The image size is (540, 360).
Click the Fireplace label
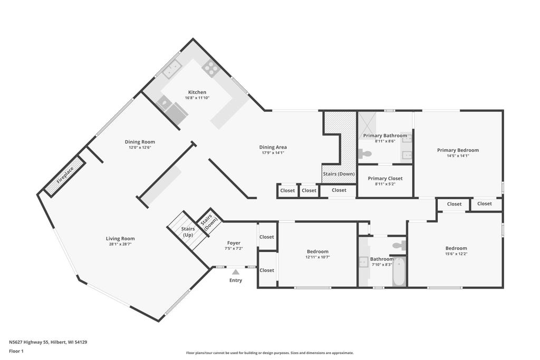[x=65, y=175]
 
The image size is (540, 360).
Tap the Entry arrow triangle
[x=236, y=272]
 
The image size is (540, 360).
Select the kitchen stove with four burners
[x=211, y=68]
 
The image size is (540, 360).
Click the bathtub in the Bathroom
[x=399, y=271]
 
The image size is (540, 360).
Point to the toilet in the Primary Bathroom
[x=365, y=153]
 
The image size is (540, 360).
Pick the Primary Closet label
[x=385, y=178]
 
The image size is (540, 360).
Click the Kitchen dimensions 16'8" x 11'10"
[x=197, y=98]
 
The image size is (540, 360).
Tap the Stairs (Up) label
[x=188, y=231]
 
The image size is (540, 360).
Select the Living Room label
[x=120, y=239]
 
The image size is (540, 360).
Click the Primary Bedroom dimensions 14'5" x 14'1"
[x=458, y=155]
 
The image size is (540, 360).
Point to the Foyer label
[x=234, y=243]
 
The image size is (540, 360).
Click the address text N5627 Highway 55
[x=29, y=342]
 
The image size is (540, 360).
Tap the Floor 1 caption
[x=16, y=352]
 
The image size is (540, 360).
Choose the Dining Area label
[x=273, y=147]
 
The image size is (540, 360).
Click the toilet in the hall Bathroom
[x=400, y=245]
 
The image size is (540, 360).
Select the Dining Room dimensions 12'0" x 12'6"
[x=140, y=147]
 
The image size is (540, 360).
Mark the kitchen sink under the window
[x=172, y=69]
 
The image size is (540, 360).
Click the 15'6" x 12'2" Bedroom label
[x=456, y=248]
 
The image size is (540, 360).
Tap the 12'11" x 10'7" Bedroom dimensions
[x=317, y=257]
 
